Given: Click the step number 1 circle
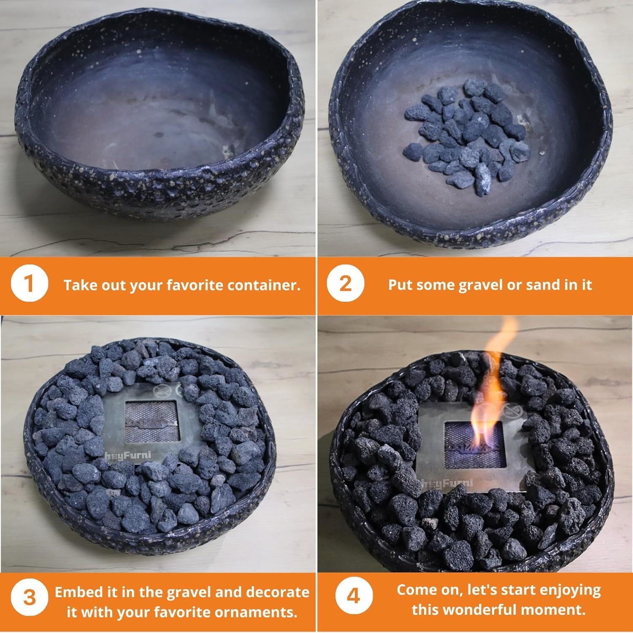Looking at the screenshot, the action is pyautogui.click(x=29, y=284).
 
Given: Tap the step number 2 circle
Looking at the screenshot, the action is pyautogui.click(x=345, y=284).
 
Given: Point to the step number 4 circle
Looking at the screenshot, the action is pyautogui.click(x=354, y=598).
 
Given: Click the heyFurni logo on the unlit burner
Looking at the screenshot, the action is pyautogui.click(x=122, y=454).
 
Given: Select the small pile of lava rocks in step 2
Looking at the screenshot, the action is pyautogui.click(x=466, y=131).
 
